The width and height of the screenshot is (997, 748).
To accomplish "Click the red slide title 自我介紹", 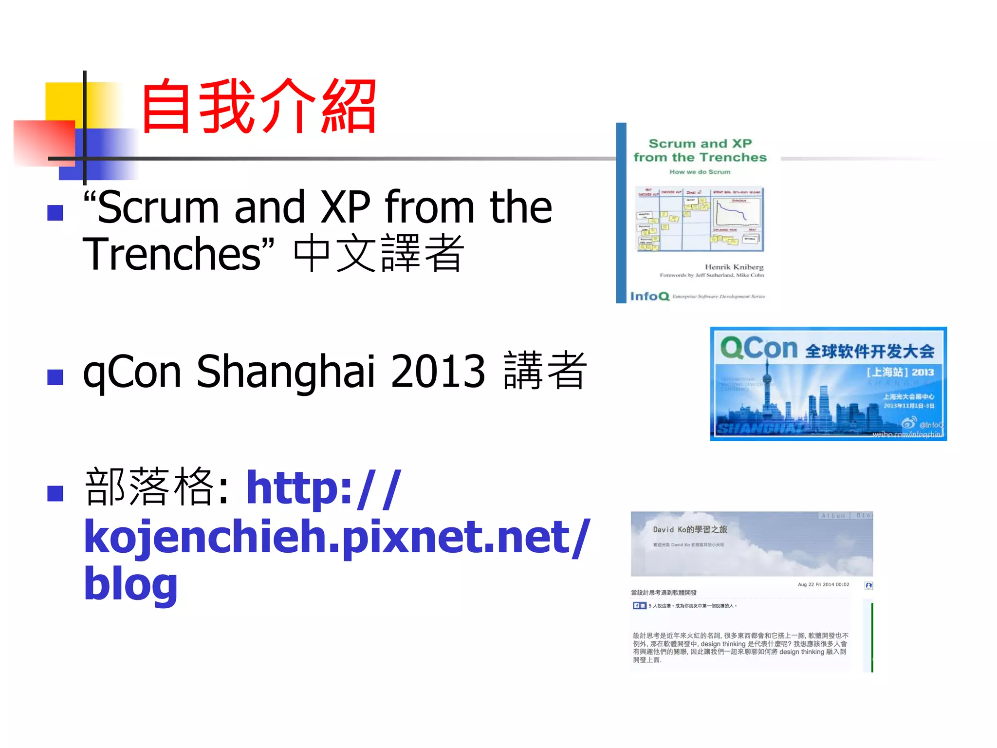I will tap(258, 107).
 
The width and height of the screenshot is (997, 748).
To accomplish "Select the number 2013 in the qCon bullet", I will tap(438, 372).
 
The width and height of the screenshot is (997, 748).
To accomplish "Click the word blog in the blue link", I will tap(130, 584).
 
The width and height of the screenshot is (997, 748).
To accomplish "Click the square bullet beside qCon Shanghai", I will tap(55, 377).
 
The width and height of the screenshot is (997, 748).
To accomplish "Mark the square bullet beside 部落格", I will tap(55, 493).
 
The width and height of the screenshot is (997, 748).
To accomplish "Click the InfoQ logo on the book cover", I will tap(650, 296).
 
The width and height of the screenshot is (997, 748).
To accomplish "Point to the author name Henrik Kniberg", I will tap(734, 267).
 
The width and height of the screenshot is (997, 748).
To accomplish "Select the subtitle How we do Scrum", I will tap(700, 172).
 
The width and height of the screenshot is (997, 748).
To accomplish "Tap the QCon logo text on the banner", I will tap(758, 348).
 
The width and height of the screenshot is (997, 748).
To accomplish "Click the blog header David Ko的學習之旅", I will tap(690, 529).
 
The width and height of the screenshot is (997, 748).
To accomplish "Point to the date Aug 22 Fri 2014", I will tap(823, 584).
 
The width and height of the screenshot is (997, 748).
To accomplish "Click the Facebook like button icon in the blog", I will tap(639, 606).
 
